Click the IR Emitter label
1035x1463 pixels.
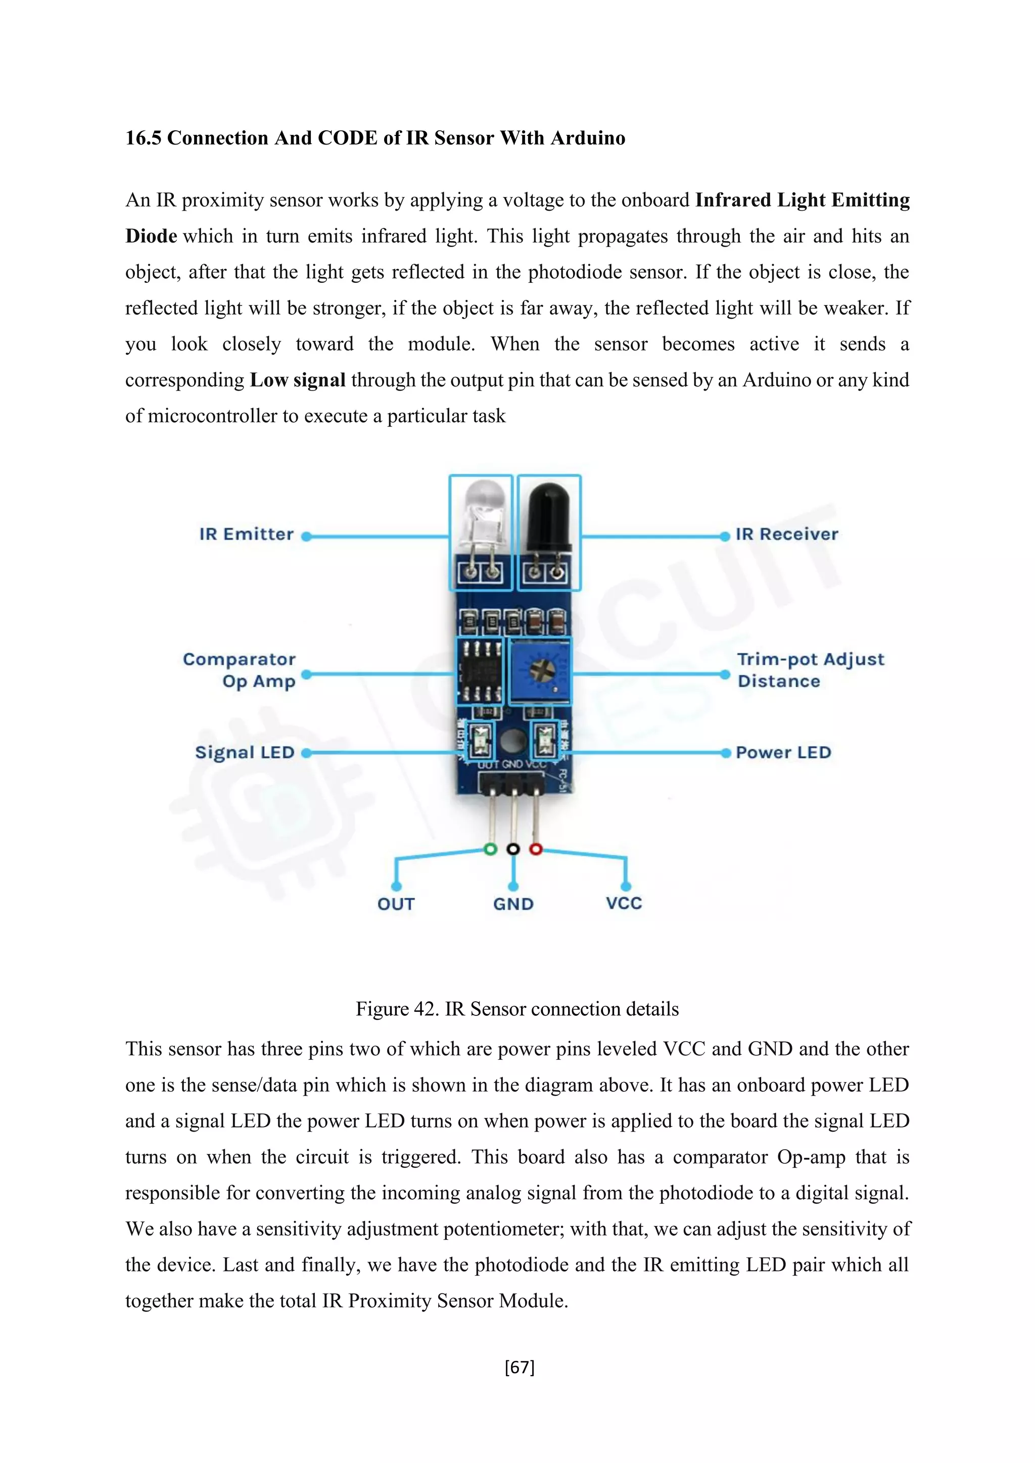click(x=246, y=534)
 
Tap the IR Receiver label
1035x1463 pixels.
click(x=786, y=534)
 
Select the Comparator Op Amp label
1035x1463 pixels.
click(x=240, y=670)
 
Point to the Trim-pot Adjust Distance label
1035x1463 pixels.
click(x=810, y=670)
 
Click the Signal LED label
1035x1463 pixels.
click(x=245, y=753)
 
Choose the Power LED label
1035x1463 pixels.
click(x=783, y=753)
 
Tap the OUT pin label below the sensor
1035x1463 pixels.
click(x=396, y=904)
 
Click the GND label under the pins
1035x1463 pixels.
click(x=513, y=904)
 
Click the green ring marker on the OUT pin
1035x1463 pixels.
click(x=490, y=849)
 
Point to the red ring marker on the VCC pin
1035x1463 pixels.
click(x=536, y=849)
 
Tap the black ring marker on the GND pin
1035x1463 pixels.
click(x=513, y=849)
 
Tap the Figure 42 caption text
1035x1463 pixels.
click(x=517, y=1009)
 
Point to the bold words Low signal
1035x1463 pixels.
click(x=298, y=380)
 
